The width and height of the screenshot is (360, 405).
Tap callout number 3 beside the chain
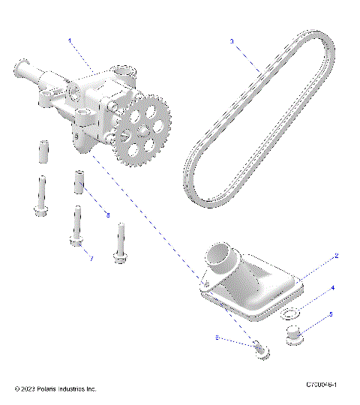(232, 41)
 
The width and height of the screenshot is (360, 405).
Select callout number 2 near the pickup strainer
(337, 256)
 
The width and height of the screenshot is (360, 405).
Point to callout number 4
(333, 286)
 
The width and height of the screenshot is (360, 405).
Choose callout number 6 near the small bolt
(217, 338)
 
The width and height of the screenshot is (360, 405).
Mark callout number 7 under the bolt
(91, 259)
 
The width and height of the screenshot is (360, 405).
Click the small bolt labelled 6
(258, 348)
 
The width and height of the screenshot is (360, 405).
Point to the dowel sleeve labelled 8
(76, 183)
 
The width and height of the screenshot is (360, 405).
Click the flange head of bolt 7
(76, 241)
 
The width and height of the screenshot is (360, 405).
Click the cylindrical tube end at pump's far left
(20, 71)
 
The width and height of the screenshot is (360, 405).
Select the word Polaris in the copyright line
(52, 389)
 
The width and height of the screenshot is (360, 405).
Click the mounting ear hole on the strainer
(204, 283)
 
